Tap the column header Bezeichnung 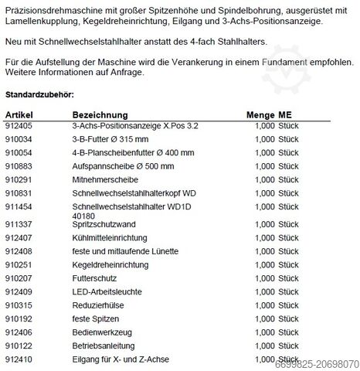click(x=98, y=113)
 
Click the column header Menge click(x=260, y=113)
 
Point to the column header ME click(x=287, y=113)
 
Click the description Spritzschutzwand click(x=102, y=224)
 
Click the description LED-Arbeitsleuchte click(x=107, y=291)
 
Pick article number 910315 click(x=19, y=305)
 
